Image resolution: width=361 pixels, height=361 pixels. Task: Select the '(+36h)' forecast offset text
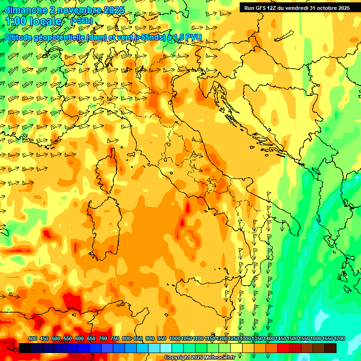pos(81,21)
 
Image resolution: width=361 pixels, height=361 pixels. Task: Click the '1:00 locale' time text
pos(34,22)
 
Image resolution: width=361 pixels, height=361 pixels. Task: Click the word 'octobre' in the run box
pos(322,8)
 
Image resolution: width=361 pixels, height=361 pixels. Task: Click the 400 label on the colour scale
pos(32,339)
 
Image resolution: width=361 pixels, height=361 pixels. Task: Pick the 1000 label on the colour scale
pos(175,339)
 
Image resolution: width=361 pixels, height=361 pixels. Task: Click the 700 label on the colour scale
pos(103,339)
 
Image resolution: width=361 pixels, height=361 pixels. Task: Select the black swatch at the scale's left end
pos(25,348)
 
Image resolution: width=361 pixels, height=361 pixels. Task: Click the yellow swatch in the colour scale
pos(236,348)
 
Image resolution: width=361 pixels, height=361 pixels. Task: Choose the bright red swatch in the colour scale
pos(283,348)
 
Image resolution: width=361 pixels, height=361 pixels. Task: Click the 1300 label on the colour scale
pos(245,339)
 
